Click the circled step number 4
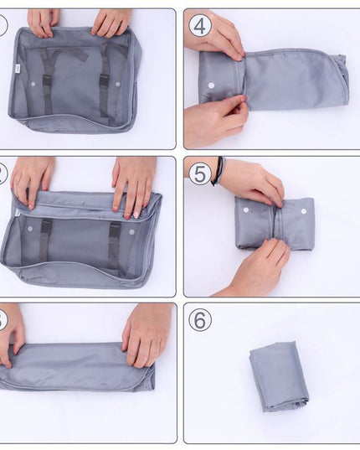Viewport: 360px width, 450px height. point(200,25)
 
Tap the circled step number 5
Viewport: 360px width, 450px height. point(200,173)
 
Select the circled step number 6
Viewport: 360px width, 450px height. point(200,319)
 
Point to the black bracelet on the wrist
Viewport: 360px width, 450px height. point(218,170)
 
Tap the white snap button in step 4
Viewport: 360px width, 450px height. point(210,85)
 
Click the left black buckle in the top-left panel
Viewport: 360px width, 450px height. point(47,84)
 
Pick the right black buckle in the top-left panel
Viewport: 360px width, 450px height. point(105,84)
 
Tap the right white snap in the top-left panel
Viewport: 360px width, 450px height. point(118,85)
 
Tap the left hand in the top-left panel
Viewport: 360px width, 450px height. point(42,22)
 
